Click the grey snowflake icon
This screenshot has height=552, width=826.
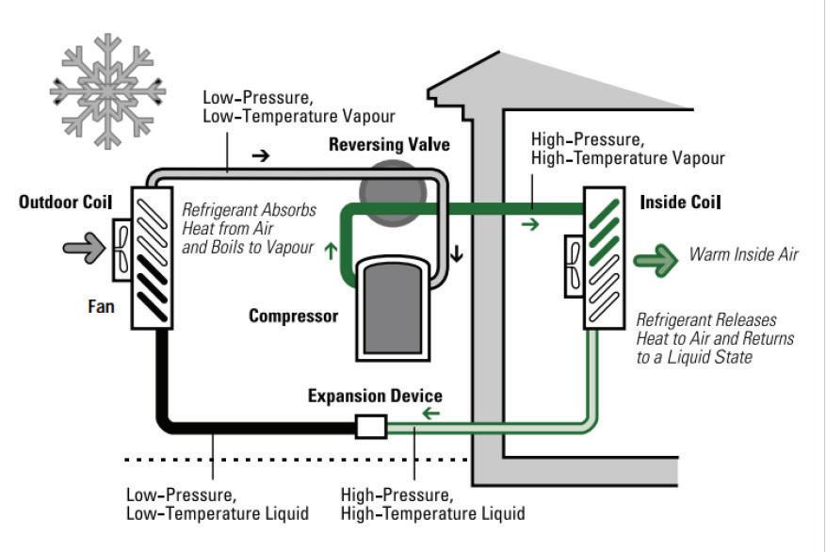107,90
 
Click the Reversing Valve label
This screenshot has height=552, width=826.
389,145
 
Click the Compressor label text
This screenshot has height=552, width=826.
293,317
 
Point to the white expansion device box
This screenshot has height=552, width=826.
371,427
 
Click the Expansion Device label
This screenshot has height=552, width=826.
375,396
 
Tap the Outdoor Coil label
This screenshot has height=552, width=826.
65,203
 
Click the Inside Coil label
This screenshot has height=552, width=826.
680,203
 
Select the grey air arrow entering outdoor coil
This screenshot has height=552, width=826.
82,248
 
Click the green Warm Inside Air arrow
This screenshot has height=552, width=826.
656,258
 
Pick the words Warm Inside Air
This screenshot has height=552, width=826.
743,254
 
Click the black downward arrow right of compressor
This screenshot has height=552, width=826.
457,252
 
